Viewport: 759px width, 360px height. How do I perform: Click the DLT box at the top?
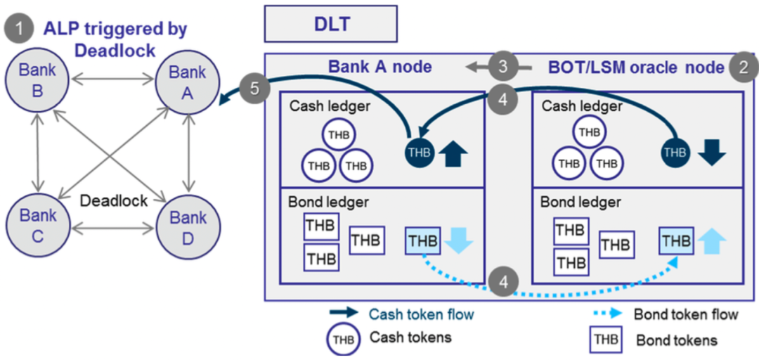pos(330,25)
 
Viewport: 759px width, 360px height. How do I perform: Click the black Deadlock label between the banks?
pos(114,200)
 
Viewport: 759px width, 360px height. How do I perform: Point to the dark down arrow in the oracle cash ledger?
pos(712,151)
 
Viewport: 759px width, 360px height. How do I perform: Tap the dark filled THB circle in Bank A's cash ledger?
pos(420,152)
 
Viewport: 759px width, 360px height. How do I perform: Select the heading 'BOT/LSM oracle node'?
pos(635,67)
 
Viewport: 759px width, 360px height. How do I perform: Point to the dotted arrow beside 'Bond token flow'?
pos(605,314)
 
